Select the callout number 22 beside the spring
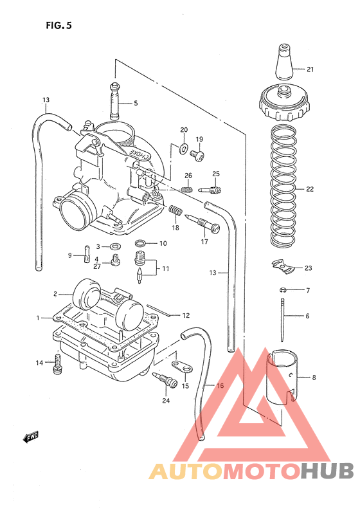(x=309, y=190)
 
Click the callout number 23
(x=309, y=268)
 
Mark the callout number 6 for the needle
(x=307, y=316)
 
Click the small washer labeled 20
(x=183, y=150)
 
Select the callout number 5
(x=136, y=103)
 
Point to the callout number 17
(x=204, y=242)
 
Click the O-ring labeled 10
(x=140, y=243)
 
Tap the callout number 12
(x=186, y=315)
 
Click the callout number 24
(x=166, y=401)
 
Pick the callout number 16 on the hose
(x=220, y=386)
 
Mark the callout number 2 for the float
(x=55, y=293)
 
